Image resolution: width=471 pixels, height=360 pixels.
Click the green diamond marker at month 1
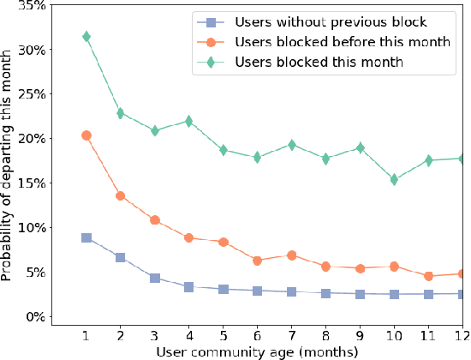(86, 37)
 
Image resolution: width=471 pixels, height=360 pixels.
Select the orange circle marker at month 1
(86, 135)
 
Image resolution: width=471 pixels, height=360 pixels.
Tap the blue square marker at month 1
(86, 237)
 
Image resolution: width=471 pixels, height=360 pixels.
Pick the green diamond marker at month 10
(393, 180)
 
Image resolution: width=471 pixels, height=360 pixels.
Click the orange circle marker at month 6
(257, 261)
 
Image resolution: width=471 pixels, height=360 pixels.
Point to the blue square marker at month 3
(154, 278)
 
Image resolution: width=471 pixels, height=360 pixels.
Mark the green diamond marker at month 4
(188, 122)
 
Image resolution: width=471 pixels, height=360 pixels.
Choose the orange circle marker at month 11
(427, 276)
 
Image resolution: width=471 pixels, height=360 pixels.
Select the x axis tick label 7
(291, 334)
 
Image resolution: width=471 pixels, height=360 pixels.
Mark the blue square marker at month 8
(325, 293)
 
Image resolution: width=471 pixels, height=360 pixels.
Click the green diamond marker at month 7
(291, 145)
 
